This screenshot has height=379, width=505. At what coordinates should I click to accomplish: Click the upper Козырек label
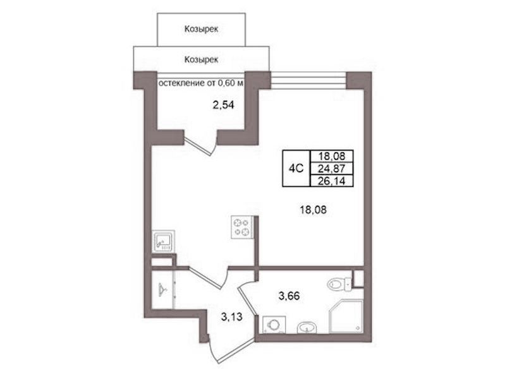pyautogui.click(x=201, y=29)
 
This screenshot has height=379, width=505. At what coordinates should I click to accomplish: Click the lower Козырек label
pyautogui.click(x=201, y=59)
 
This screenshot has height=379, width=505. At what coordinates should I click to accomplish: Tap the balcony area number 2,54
pyautogui.click(x=223, y=105)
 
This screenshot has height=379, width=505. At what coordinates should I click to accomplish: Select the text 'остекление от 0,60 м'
pyautogui.click(x=201, y=83)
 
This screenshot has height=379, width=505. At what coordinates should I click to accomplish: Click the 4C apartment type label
pyautogui.click(x=296, y=169)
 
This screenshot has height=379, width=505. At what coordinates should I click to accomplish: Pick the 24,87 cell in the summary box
pyautogui.click(x=331, y=169)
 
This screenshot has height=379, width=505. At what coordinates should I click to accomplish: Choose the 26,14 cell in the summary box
pyautogui.click(x=331, y=181)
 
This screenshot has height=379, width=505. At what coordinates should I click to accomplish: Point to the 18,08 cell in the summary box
pyautogui.click(x=331, y=156)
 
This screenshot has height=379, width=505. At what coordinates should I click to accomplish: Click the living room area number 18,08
pyautogui.click(x=313, y=210)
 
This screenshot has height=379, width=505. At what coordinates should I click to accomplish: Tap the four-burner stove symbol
pyautogui.click(x=242, y=227)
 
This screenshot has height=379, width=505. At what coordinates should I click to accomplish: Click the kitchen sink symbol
pyautogui.click(x=163, y=241)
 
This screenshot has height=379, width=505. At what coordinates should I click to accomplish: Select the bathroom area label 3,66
pyautogui.click(x=289, y=296)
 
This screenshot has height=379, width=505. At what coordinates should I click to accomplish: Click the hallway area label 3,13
pyautogui.click(x=231, y=317)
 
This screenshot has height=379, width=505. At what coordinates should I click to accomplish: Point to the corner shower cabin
pyautogui.click(x=346, y=317)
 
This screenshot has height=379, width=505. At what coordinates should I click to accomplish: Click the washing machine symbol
pyautogui.click(x=274, y=325)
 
